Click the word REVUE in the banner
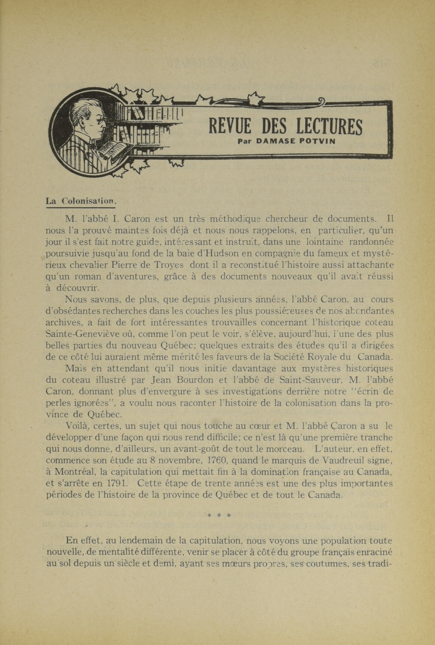pyautogui.click(x=230, y=126)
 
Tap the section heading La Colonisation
pyautogui.click(x=80, y=201)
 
